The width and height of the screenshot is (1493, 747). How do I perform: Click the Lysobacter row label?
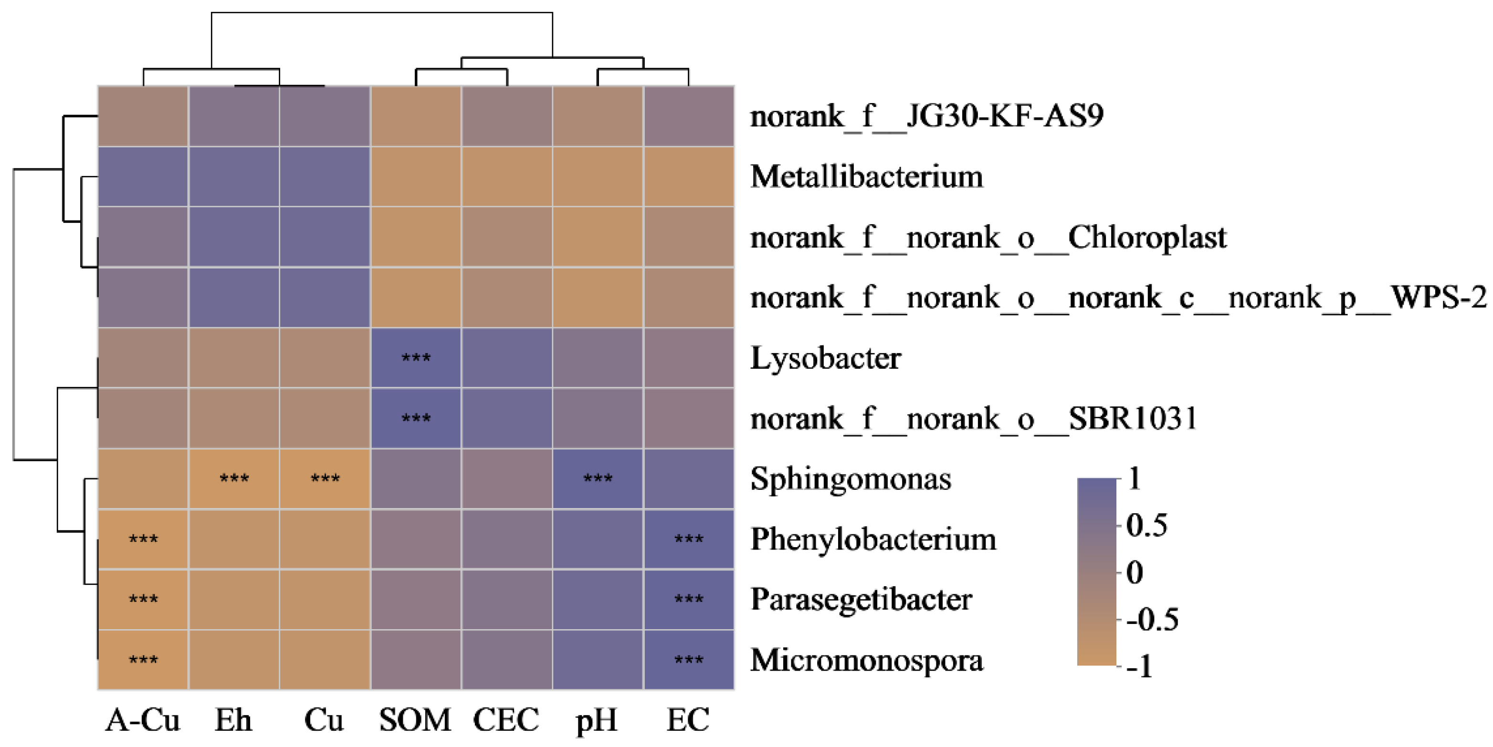click(825, 358)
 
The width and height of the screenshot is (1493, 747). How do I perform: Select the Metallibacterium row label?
click(866, 176)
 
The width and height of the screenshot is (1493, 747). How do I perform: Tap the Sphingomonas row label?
click(850, 479)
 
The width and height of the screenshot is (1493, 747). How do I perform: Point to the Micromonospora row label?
click(866, 660)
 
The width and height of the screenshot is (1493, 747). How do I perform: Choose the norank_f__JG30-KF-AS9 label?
click(926, 116)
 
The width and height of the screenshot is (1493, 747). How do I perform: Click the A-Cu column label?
click(143, 720)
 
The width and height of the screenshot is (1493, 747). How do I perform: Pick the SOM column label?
click(415, 720)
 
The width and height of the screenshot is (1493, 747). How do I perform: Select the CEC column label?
click(506, 720)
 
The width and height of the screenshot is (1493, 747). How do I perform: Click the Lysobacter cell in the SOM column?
click(416, 358)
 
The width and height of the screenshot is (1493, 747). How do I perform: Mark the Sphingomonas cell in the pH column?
click(598, 479)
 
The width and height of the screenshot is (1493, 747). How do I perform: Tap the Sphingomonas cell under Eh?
click(234, 479)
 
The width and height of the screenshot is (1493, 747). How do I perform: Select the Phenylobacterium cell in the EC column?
click(689, 539)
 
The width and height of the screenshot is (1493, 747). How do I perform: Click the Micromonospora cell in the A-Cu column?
click(143, 660)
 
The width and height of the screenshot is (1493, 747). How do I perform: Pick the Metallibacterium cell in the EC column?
click(689, 176)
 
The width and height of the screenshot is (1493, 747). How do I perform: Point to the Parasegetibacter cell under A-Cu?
click(143, 599)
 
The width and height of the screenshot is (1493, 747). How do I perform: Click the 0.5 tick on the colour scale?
click(1146, 526)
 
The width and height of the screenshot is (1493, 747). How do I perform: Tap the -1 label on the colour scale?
click(1139, 666)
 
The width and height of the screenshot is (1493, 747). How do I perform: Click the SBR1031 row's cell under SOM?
click(416, 418)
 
